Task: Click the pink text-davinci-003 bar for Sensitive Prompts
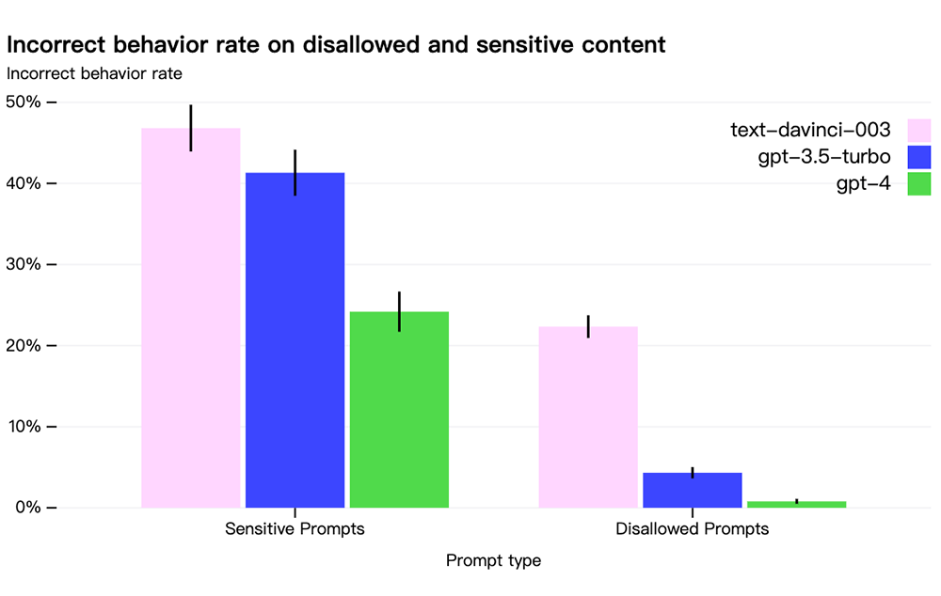click(191, 318)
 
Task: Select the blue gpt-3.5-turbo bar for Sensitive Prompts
click(295, 340)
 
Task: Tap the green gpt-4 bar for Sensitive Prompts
click(399, 410)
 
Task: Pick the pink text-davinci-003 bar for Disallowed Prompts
click(588, 416)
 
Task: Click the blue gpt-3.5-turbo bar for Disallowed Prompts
click(693, 491)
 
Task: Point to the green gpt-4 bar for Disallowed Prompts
click(796, 504)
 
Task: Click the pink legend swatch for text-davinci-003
click(918, 130)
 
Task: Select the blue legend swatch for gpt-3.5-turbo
click(918, 157)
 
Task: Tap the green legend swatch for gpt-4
click(918, 183)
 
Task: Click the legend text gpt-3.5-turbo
click(824, 157)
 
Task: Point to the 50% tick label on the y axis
click(24, 102)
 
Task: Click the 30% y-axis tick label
click(24, 264)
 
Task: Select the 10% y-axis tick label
click(24, 427)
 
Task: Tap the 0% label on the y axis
click(28, 508)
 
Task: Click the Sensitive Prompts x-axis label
click(295, 529)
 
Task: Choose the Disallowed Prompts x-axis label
click(692, 529)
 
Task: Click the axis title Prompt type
click(493, 560)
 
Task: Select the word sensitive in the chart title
click(517, 44)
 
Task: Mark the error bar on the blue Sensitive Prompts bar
click(295, 173)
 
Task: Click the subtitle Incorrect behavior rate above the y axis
click(94, 73)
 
